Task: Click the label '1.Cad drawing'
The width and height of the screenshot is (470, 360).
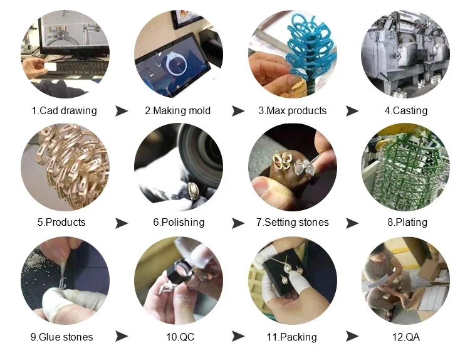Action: point(64,111)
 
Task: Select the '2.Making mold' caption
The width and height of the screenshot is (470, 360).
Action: point(177,111)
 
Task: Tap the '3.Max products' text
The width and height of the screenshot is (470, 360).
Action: point(292,111)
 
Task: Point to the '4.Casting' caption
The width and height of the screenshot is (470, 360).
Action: point(405,111)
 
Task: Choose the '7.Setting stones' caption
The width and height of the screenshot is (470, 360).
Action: point(292,222)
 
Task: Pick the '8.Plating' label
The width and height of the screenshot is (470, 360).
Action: point(405,222)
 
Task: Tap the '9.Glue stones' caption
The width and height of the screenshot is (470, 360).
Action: point(61,337)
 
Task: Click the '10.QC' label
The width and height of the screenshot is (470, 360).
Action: point(180,337)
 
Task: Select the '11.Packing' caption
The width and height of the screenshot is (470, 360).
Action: point(291,337)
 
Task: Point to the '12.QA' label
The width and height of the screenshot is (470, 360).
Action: point(405,337)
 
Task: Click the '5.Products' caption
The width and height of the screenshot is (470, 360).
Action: point(61,222)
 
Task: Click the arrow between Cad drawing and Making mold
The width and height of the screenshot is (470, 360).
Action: point(122,111)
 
